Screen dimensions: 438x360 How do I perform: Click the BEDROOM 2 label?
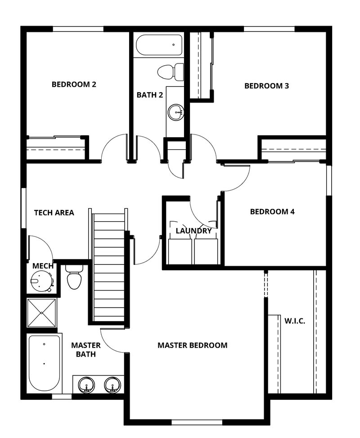[x=74, y=84]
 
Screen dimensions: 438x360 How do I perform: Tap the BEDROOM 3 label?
[x=266, y=85]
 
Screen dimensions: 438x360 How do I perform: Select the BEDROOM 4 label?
[x=272, y=211]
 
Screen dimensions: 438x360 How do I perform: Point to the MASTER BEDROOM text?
[x=192, y=345]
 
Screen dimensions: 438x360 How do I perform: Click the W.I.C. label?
[x=295, y=321]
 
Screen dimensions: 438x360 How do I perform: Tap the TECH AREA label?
[x=54, y=213]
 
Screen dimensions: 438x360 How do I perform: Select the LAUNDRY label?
[x=193, y=231]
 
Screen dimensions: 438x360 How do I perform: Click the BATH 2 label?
[x=150, y=95]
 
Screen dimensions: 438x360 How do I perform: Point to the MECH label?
[x=43, y=266]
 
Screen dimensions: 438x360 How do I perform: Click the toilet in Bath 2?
[x=171, y=71]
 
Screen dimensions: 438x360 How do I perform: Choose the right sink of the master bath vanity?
[x=112, y=385]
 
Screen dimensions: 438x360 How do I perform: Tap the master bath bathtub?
[x=44, y=363]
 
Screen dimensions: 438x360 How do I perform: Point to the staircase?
[x=109, y=268]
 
